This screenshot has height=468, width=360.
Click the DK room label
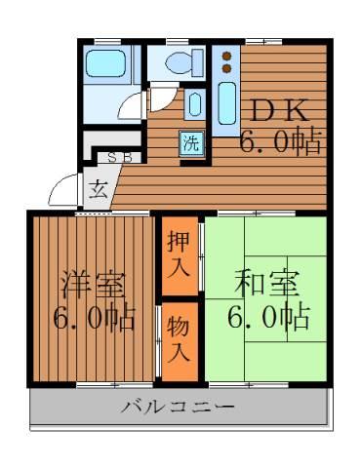click(279, 111)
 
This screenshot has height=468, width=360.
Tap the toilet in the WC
click(184, 62)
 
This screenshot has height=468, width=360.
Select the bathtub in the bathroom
click(105, 63)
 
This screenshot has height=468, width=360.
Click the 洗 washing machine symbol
click(192, 144)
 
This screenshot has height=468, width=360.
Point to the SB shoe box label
click(120, 158)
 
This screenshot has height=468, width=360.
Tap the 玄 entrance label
click(99, 190)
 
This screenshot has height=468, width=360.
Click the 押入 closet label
click(180, 255)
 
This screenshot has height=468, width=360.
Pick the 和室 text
click(266, 284)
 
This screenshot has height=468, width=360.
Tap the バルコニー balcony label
click(178, 407)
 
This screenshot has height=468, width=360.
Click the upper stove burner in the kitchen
click(226, 56)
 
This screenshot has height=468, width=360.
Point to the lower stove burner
click(226, 68)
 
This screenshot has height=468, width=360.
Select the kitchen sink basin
click(227, 103)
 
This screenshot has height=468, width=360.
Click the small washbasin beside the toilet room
click(194, 104)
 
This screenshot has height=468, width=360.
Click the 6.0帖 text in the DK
click(280, 142)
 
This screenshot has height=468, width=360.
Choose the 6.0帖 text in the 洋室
click(94, 318)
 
